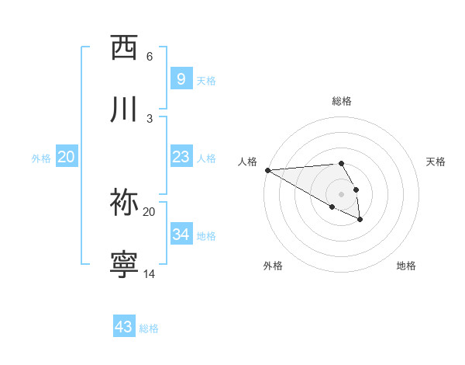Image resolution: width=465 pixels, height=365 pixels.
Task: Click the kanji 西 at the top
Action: click(x=125, y=47)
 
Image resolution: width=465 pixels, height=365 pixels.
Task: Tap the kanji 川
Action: click(x=125, y=109)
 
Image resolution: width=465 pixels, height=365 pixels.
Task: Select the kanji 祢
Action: click(x=125, y=202)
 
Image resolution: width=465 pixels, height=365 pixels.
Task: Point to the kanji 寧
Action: click(x=125, y=264)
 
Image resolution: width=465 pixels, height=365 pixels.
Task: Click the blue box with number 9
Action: click(x=181, y=78)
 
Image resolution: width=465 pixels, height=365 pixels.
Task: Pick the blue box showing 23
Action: click(x=181, y=157)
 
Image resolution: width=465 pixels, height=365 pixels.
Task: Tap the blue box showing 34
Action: click(x=181, y=234)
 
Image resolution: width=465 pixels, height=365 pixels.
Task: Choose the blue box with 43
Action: click(x=124, y=327)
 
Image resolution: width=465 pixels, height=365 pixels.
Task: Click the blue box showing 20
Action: click(x=66, y=157)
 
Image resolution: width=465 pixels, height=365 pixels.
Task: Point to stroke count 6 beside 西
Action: click(x=150, y=56)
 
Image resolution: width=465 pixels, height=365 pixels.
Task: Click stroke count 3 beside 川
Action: click(x=150, y=118)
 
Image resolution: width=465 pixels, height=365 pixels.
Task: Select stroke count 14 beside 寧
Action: click(x=150, y=273)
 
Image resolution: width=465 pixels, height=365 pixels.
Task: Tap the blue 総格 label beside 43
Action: click(x=149, y=328)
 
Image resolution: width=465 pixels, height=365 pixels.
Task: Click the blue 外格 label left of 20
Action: click(x=41, y=158)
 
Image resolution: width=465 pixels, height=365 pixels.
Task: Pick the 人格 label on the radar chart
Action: click(x=246, y=162)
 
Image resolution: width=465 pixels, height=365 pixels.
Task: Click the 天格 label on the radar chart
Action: click(x=436, y=162)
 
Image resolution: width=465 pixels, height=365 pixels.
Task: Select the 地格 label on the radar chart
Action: click(x=406, y=266)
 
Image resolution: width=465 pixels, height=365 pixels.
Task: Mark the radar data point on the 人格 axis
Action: click(x=267, y=170)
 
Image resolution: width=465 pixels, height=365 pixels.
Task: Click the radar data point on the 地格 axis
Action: click(x=360, y=220)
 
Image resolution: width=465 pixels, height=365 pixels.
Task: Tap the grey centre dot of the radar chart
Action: click(x=341, y=194)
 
